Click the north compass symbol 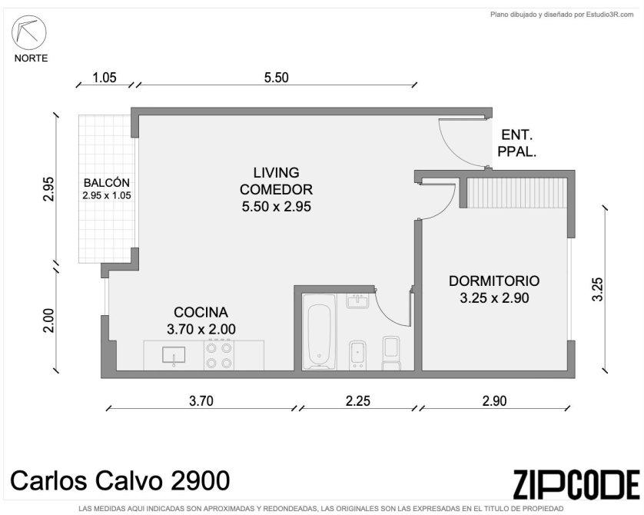(x=28, y=32)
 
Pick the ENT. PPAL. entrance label (x=517, y=143)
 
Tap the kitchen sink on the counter (x=174, y=356)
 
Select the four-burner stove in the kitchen (x=219, y=355)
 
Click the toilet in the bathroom (x=391, y=353)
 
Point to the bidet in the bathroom (x=357, y=356)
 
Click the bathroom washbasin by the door (x=357, y=301)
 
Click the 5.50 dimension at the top (x=277, y=77)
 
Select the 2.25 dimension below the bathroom (x=357, y=400)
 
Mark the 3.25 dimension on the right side (x=598, y=290)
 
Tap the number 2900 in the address (x=200, y=480)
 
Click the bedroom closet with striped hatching (x=518, y=193)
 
